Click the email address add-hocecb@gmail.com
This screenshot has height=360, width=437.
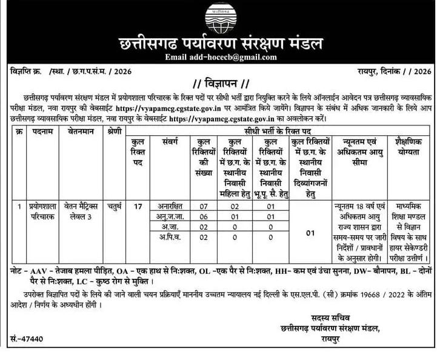click(221, 57)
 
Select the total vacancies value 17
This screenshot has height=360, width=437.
click(138, 206)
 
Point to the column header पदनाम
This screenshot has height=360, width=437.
click(42, 132)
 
